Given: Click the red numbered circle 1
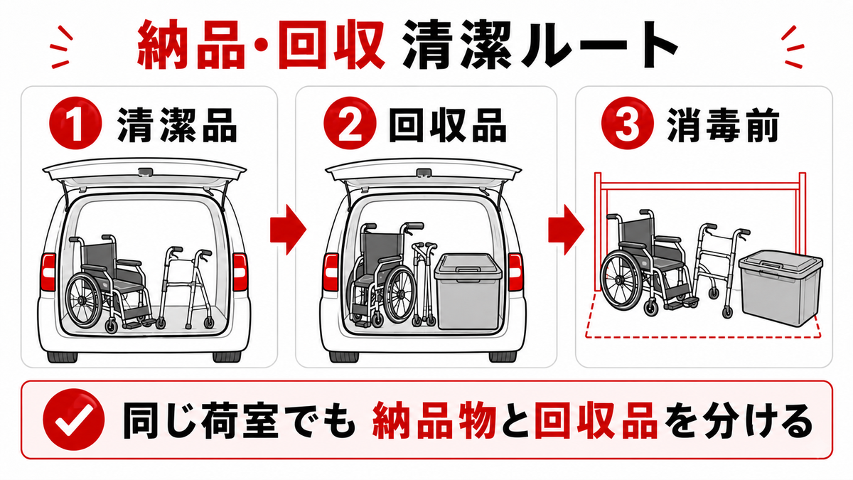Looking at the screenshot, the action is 76,123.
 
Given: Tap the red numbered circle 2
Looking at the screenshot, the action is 350,123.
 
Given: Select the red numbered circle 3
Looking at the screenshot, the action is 627,123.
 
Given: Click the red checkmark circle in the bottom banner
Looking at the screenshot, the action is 73,420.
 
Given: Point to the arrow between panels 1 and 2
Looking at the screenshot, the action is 288,230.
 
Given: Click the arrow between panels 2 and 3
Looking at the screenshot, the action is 567,230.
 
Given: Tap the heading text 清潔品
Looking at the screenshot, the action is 178,124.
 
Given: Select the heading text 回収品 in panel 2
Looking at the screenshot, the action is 448,124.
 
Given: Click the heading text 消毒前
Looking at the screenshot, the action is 723,124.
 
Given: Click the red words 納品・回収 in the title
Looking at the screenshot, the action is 260,45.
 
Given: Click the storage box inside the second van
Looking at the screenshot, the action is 468,291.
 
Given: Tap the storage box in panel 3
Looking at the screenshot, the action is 780,288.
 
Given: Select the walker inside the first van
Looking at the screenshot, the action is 186,287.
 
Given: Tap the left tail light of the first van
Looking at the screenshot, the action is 48,272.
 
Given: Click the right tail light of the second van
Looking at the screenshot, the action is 515,272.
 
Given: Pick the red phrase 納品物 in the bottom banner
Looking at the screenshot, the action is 434,421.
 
